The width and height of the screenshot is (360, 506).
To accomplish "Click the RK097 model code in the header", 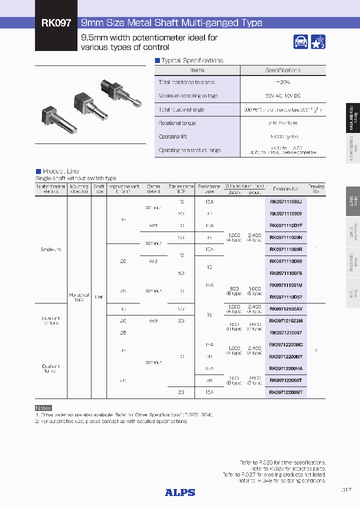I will [x=56, y=23].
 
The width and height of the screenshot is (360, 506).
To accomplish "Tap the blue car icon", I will [x=301, y=42].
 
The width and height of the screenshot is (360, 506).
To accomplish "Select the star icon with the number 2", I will [x=318, y=42].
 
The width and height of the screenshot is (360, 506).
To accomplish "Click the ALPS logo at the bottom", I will [x=180, y=492].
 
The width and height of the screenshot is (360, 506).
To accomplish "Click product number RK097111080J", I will [x=285, y=201].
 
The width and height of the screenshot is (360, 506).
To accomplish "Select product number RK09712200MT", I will [x=285, y=392].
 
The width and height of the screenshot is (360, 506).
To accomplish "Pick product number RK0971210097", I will [x=285, y=332].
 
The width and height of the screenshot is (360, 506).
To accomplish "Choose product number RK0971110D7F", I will [x=285, y=225].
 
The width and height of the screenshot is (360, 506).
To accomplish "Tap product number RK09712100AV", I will [x=285, y=308].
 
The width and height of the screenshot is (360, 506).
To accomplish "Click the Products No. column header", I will [x=285, y=189].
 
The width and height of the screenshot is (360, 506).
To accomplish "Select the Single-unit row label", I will [x=51, y=249].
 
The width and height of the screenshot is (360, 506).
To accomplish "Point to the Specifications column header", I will [x=282, y=70].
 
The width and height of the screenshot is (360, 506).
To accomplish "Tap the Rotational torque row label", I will [x=177, y=123].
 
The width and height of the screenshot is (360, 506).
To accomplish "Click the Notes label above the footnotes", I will [x=43, y=408].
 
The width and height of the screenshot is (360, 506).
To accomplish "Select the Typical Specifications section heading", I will [x=192, y=60].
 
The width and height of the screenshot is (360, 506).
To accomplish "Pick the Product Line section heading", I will [x=60, y=171].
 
